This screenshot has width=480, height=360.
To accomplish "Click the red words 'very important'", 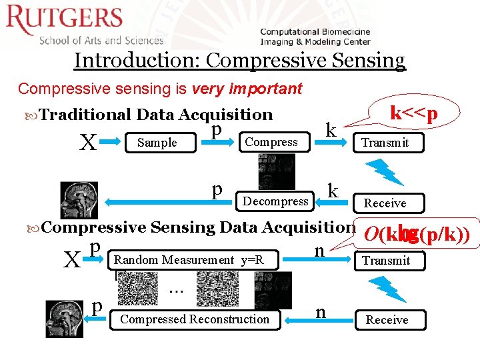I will click(x=247, y=88).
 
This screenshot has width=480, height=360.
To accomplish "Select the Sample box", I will click(x=157, y=143).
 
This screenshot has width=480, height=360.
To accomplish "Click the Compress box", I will click(x=271, y=142).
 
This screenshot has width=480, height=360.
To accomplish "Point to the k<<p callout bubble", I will click(x=414, y=114).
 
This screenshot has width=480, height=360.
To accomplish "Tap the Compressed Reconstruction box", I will click(x=195, y=319).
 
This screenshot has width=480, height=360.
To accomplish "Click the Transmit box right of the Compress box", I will click(x=386, y=143).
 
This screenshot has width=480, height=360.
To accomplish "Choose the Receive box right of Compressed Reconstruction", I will click(x=387, y=320).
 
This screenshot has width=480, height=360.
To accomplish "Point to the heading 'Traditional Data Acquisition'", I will click(x=156, y=115).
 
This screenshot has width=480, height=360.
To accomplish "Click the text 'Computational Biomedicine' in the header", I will click(x=315, y=32).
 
